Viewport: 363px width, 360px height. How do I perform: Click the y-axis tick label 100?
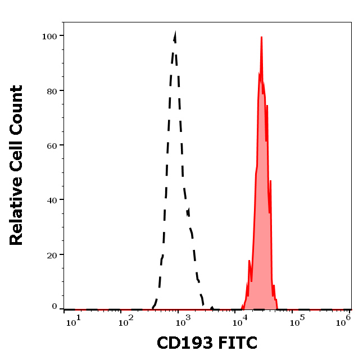tap(49, 36)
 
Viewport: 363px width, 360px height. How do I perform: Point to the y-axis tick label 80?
tap(52, 90)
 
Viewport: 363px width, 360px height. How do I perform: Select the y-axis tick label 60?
tap(52, 145)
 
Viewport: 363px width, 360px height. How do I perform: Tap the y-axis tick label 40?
tap(52, 200)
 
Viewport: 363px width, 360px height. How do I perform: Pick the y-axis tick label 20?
tap(52, 254)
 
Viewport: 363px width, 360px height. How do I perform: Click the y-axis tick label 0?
tap(55, 307)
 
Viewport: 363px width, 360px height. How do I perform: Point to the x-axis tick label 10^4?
tap(242, 320)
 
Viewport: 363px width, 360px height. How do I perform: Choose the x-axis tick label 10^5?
tap(297, 320)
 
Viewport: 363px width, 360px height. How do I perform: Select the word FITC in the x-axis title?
tap(238, 343)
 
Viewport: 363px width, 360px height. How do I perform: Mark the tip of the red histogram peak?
tap(261, 38)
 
